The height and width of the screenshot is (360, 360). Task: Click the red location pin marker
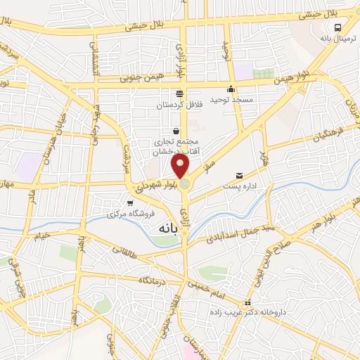tap(181, 166)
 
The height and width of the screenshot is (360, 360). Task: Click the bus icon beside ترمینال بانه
tap(339, 27)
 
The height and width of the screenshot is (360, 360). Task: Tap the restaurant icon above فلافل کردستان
tap(181, 94)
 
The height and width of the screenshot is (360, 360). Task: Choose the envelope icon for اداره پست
tap(239, 175)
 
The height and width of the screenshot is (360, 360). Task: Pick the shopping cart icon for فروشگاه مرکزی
tap(128, 202)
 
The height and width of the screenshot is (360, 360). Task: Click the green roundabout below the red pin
tap(184, 184)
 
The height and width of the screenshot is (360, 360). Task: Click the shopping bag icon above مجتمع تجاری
tap(175, 131)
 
